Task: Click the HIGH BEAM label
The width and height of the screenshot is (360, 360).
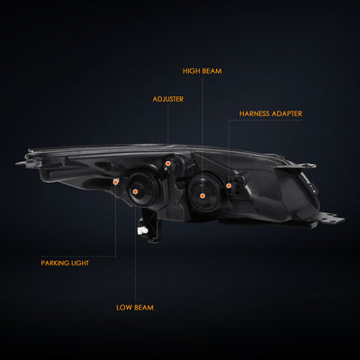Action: pyautogui.click(x=202, y=71)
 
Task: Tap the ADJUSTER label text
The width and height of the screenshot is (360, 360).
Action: pyautogui.click(x=168, y=99)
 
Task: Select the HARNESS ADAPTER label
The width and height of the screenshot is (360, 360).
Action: pyautogui.click(x=271, y=113)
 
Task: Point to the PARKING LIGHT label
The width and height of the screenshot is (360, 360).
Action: pyautogui.click(x=65, y=263)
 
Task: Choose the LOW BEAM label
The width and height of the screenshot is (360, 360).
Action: pyautogui.click(x=135, y=308)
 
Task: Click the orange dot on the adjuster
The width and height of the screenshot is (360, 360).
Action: pyautogui.click(x=168, y=164)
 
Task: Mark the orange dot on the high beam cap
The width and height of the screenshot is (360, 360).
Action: pyautogui.click(x=202, y=196)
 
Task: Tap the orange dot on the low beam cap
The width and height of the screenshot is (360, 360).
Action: pyautogui.click(x=135, y=192)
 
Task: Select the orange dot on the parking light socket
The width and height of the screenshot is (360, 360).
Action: pyautogui.click(x=115, y=182)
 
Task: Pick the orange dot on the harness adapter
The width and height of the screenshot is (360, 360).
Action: pyautogui.click(x=229, y=185)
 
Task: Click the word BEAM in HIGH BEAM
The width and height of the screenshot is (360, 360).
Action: pyautogui.click(x=211, y=71)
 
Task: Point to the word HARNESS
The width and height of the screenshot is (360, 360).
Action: pyautogui.click(x=255, y=113)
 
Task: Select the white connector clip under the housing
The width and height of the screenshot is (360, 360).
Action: pyautogui.click(x=142, y=230)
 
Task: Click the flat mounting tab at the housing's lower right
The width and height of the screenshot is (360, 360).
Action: pyautogui.click(x=332, y=218)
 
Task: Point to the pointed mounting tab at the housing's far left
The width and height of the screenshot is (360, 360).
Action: pyautogui.click(x=22, y=163)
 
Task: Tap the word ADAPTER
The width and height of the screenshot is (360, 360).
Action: pyautogui.click(x=286, y=113)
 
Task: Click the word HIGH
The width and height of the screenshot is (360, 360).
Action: pyautogui.click(x=192, y=71)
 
